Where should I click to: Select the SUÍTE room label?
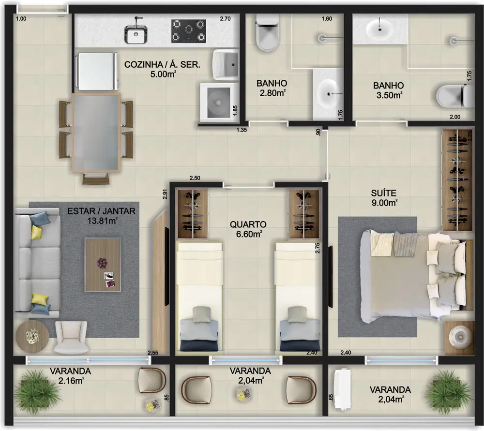(382, 193)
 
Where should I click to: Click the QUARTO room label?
(248, 224)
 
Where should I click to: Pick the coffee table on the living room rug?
(103, 264)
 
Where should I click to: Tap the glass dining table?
(96, 133)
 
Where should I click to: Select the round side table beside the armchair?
(32, 336)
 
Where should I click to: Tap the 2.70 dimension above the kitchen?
(225, 19)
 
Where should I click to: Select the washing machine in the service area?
(218, 102)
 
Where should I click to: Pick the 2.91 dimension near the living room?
(165, 194)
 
